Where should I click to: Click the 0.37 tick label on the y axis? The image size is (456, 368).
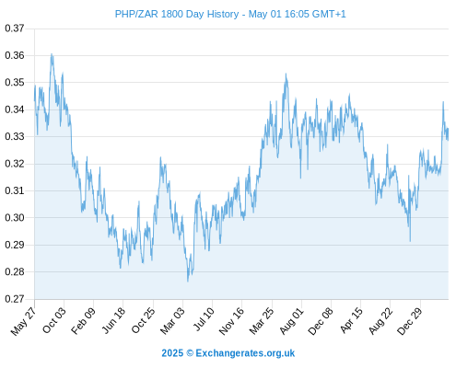tap(15, 29)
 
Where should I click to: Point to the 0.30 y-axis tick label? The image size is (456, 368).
tap(15, 218)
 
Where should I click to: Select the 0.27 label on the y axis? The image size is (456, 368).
tap(15, 299)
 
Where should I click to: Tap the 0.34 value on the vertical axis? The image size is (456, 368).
tap(15, 109)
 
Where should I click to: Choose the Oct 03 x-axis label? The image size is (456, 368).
tap(54, 320)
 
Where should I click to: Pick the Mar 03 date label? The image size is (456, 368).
tap(173, 320)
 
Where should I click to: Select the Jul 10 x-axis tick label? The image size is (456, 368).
tap(204, 319)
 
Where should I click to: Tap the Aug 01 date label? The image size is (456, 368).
tap(292, 320)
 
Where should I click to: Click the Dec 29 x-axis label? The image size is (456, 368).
tap(410, 320)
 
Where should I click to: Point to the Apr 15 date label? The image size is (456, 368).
tap(352, 320)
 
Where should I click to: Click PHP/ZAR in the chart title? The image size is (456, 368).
tap(136, 14)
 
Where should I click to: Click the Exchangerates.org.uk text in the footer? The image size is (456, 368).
tap(245, 353)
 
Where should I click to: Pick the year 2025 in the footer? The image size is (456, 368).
tap(172, 353)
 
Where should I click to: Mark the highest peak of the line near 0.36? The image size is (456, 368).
tap(52, 54)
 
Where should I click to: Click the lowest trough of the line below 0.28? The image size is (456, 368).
tap(188, 281)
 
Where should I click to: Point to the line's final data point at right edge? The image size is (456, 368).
tap(448, 129)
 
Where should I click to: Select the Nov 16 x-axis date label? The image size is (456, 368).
tap(232, 320)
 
